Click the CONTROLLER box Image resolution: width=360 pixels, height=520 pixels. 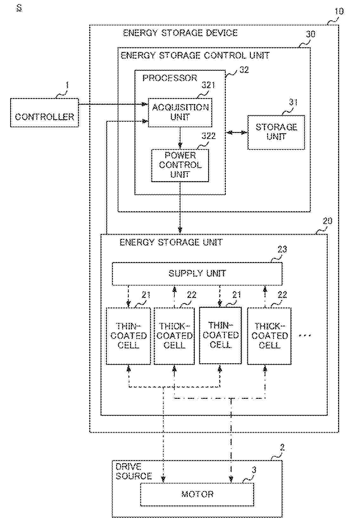coord(44,113)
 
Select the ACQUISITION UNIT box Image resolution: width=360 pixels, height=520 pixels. coord(180,112)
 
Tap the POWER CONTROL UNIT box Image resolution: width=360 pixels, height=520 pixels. coord(180,165)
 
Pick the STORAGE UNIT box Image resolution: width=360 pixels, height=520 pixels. coord(276,132)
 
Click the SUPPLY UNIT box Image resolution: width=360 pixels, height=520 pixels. coord(197,273)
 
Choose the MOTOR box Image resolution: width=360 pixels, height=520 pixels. coord(197,494)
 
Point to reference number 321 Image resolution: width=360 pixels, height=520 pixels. coord(208,85)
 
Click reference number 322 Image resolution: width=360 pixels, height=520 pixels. coord(208,136)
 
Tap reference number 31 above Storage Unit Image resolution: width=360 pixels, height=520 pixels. coord(293,102)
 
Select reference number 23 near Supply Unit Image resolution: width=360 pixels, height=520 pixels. coord(282,249)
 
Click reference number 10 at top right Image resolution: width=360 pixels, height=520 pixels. coord(339,11)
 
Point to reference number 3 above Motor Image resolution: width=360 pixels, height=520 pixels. coord(254,470)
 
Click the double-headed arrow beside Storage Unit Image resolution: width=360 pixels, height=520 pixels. coord(236,133)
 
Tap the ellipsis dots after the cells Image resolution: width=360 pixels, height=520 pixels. coord(305,336)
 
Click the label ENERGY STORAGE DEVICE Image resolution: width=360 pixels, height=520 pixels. coord(180,33)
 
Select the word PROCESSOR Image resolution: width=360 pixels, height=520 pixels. coord(170,78)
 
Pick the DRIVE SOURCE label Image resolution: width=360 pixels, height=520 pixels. coord(134,471)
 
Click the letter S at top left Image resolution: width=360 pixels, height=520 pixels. coord(19,9)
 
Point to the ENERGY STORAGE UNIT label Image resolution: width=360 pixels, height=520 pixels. coord(171,243)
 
